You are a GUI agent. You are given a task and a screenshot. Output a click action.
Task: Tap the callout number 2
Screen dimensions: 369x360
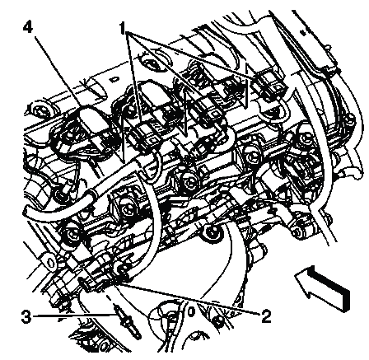tap(265, 316)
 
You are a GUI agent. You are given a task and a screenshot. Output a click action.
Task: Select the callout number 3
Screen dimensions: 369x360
tap(26, 317)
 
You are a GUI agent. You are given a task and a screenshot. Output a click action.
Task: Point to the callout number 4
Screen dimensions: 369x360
tap(28, 27)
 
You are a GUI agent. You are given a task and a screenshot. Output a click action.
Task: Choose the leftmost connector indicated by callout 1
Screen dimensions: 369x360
tap(146, 134)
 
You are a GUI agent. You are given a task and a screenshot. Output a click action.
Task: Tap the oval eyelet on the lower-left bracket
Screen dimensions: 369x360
tap(50, 262)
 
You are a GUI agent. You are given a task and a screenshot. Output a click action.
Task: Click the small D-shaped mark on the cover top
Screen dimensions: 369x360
tap(113, 80)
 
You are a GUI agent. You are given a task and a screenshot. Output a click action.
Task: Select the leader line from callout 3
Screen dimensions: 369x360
tap(73, 316)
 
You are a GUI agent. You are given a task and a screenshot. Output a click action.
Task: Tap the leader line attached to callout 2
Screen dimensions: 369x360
tap(187, 298)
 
